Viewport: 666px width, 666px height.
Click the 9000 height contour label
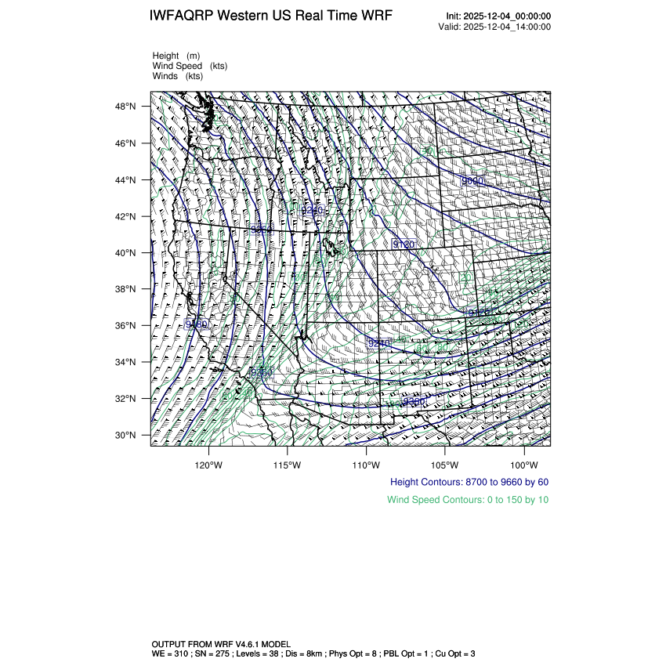(472, 181)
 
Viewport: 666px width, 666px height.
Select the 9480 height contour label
(196, 324)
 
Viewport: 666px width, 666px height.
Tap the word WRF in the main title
(378, 16)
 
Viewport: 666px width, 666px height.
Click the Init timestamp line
(498, 16)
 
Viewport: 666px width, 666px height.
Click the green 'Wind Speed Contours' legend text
(468, 499)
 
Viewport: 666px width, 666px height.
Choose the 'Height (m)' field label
(176, 56)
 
